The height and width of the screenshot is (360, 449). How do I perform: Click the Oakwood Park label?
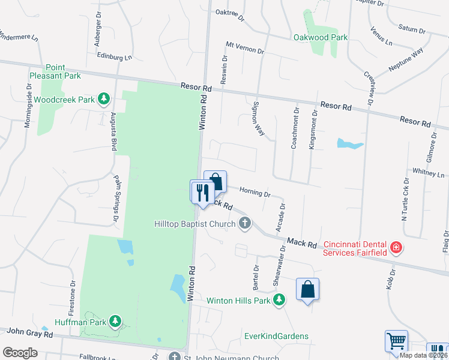321,37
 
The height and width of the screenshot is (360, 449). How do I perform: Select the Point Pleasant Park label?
55,72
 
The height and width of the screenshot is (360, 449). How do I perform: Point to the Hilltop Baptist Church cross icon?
244,223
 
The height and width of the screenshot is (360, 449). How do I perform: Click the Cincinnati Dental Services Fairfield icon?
396,247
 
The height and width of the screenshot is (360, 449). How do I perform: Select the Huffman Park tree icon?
115,322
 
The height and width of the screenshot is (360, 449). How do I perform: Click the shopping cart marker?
397,341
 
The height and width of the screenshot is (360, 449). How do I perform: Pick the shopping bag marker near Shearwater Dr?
307,290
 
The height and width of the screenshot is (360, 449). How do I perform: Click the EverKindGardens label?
276,336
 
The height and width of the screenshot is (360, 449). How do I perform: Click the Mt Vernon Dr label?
245,49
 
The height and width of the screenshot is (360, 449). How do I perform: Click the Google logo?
20,352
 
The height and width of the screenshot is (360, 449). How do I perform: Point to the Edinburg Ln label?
114,57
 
